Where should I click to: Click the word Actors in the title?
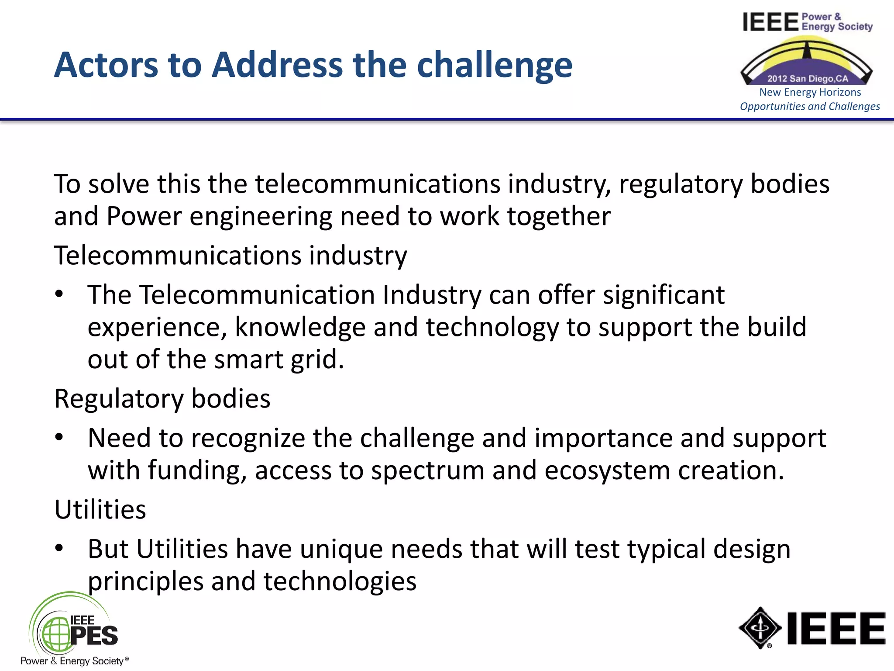[106, 65]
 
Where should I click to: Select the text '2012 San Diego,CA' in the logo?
[808, 79]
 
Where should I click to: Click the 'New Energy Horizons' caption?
[810, 92]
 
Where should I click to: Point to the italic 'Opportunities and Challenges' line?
[810, 106]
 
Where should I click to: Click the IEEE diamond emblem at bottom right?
[760, 628]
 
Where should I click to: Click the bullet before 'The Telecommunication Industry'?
[59, 294]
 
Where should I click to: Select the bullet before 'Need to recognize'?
[59, 437]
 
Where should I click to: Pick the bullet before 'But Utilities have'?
[59, 548]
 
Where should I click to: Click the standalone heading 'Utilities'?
[100, 509]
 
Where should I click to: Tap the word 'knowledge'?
[300, 328]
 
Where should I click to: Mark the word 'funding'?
[197, 470]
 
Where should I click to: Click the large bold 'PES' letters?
[94, 636]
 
